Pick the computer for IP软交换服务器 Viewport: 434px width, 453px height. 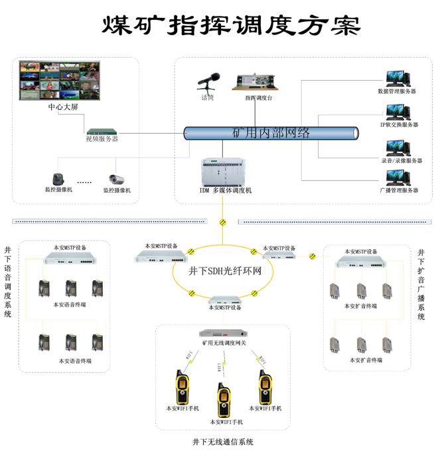coord(398,110)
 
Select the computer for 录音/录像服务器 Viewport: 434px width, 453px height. coord(398,146)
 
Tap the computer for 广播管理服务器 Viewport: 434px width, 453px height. coord(398,177)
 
